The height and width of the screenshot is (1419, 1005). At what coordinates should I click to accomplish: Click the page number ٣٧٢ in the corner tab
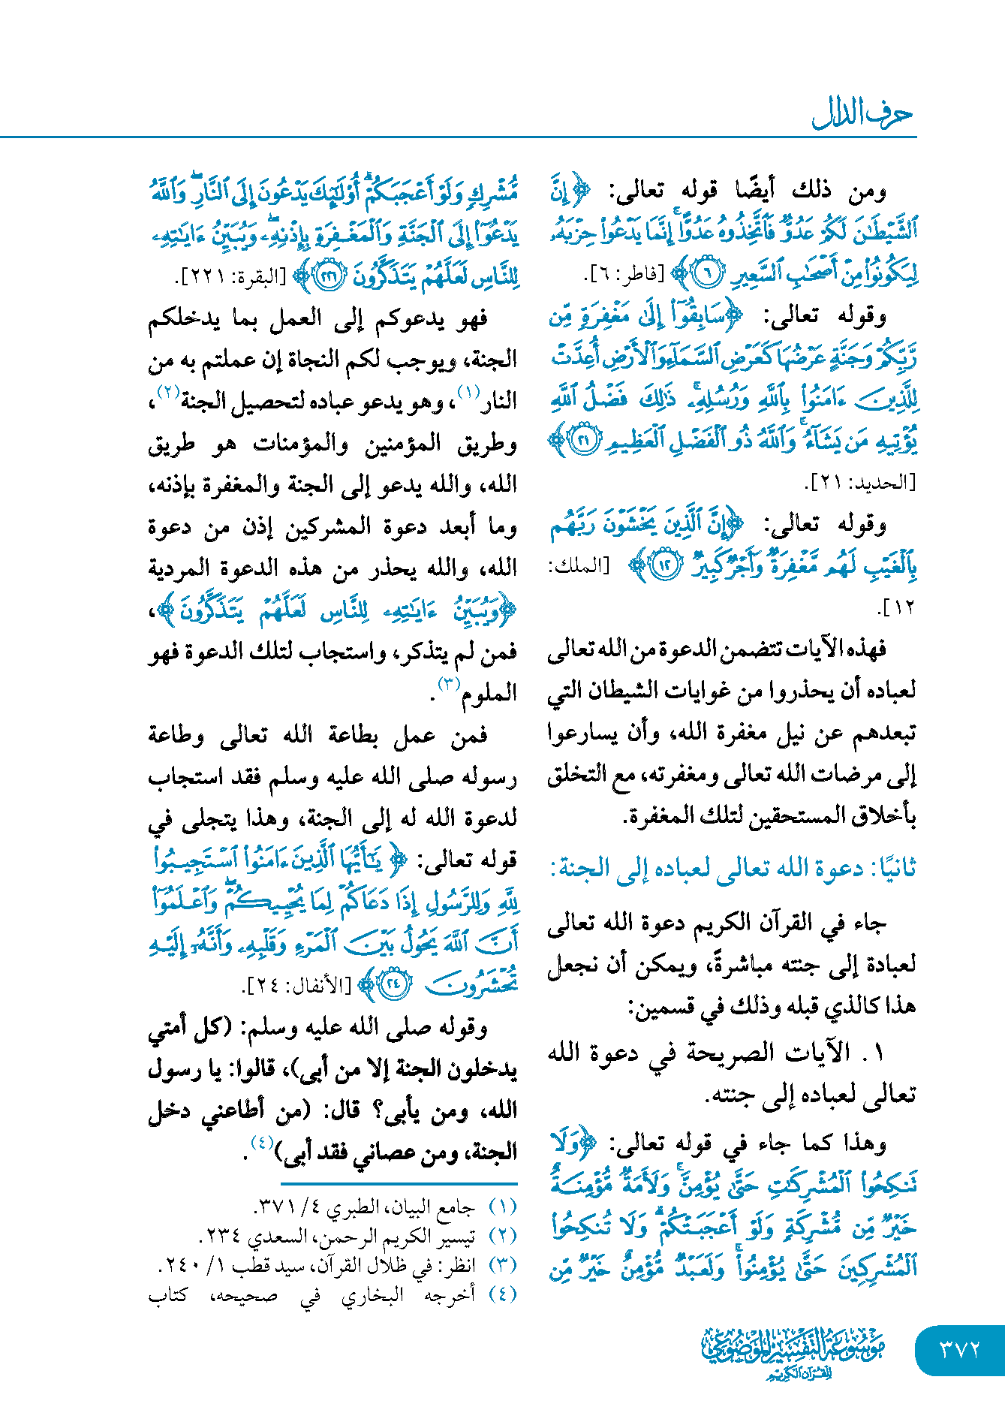tap(960, 1349)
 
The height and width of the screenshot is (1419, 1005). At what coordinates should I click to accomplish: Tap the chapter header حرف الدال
tap(862, 114)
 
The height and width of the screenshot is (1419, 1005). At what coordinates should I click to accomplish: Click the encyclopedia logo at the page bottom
tap(794, 1352)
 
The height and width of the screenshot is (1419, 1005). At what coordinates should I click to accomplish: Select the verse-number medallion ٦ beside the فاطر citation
tap(706, 274)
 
